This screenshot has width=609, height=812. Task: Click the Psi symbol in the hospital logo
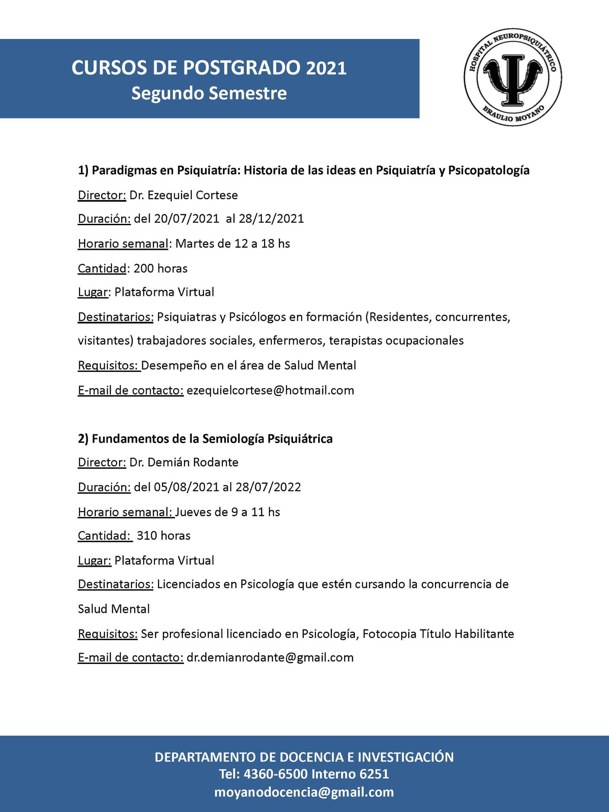tap(512, 78)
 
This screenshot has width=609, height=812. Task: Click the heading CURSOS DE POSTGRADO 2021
tap(209, 68)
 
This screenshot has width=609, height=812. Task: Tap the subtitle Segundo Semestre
tap(209, 94)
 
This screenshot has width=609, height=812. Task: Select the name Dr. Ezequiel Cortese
tap(184, 195)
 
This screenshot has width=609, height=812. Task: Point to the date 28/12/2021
tap(271, 219)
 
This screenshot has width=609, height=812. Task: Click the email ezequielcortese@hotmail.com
tap(271, 391)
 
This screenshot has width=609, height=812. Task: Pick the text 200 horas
tap(161, 269)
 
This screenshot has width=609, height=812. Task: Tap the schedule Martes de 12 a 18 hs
tap(232, 244)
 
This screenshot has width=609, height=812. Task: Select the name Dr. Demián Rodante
tap(184, 463)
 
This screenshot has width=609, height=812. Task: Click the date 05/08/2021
tap(187, 487)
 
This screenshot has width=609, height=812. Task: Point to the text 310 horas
tap(164, 536)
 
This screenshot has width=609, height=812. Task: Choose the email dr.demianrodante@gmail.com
tap(270, 658)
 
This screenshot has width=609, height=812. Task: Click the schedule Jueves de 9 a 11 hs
tap(228, 512)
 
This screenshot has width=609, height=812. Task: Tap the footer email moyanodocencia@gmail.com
tap(304, 792)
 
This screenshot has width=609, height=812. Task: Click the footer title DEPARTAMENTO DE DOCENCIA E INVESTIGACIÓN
tap(304, 757)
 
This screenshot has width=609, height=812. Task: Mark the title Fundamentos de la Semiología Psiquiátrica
tap(212, 439)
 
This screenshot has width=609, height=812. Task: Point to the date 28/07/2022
tap(268, 487)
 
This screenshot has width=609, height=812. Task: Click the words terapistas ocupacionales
tap(396, 341)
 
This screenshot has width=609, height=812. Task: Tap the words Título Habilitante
tap(467, 634)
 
